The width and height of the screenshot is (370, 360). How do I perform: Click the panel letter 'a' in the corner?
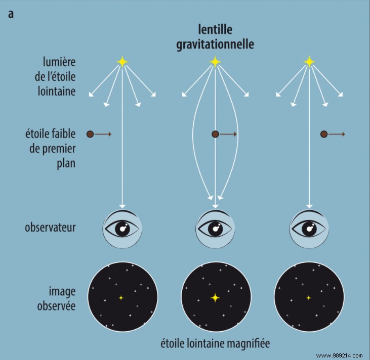pos(11,14)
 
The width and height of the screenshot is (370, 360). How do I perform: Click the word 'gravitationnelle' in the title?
pos(215,44)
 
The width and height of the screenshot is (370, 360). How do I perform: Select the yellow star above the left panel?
pos(122,62)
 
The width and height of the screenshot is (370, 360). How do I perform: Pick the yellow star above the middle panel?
pos(215,62)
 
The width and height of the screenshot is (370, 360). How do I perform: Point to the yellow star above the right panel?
pos(308,62)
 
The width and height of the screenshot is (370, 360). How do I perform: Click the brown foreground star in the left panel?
pos(90,134)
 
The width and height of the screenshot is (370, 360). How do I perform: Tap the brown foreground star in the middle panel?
pos(215,134)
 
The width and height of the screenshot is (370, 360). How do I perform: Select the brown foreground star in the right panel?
pos(324,134)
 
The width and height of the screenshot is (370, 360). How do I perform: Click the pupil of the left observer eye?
pos(122,229)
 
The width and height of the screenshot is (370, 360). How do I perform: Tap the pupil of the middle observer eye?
pos(215,229)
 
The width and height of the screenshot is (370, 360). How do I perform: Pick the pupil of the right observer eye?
pos(308,229)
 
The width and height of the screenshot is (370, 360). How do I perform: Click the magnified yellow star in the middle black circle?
pos(215,298)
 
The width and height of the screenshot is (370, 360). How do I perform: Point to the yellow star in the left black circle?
pos(121,298)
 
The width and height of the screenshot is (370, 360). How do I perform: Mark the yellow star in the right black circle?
pos(308,298)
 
